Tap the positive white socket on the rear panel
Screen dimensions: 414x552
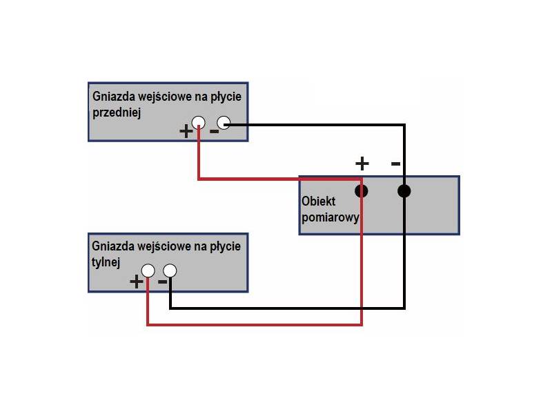[148, 271]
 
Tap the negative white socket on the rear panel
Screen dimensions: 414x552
[170, 271]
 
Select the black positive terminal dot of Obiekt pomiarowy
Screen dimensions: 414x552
[361, 191]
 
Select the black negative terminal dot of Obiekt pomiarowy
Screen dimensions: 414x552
[404, 191]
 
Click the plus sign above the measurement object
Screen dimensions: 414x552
[362, 164]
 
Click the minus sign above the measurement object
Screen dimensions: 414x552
[395, 164]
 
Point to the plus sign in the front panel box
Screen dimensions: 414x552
[186, 131]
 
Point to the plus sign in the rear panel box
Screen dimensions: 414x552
[137, 281]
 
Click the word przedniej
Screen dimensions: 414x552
[117, 113]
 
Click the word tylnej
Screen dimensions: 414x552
[106, 262]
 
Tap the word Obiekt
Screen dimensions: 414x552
[319, 201]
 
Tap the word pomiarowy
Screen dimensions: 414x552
[331, 216]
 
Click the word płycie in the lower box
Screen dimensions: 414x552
[224, 246]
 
